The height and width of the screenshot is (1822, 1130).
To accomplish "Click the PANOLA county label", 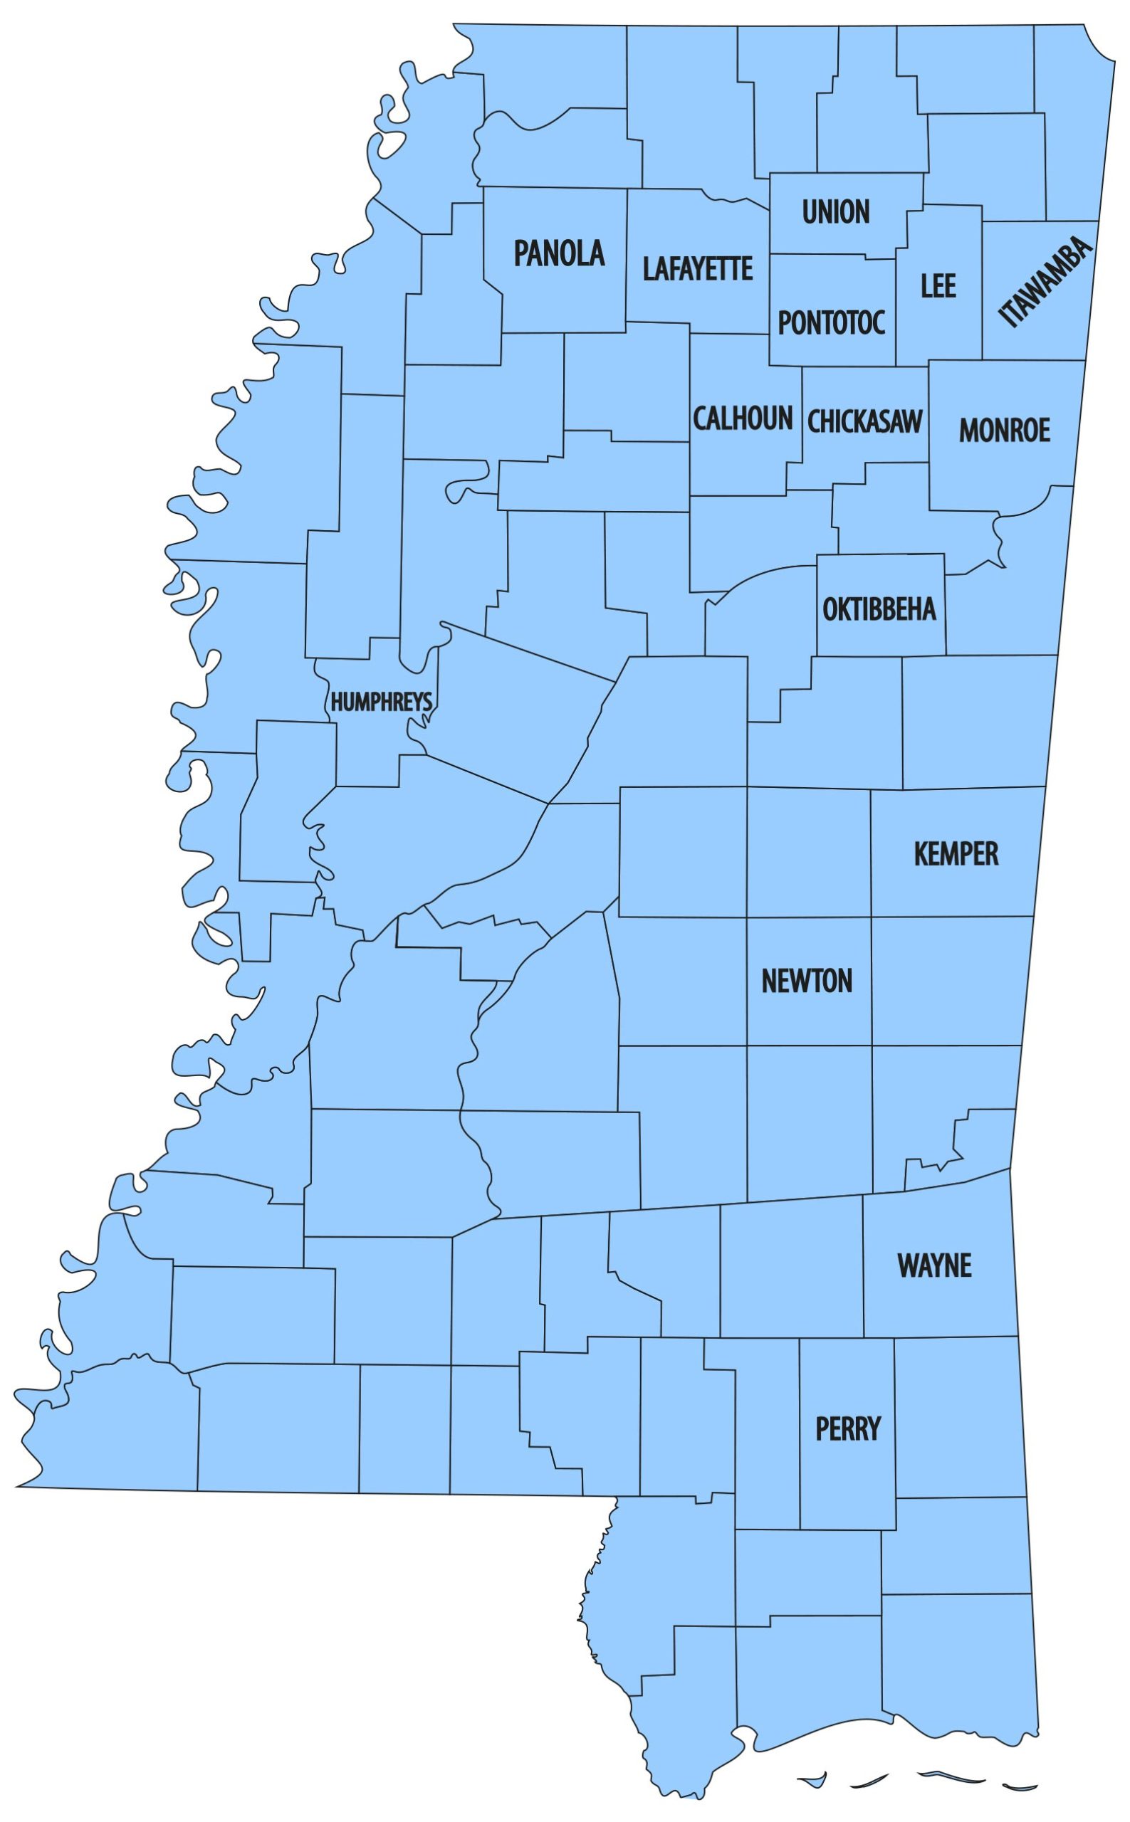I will pyautogui.click(x=559, y=253).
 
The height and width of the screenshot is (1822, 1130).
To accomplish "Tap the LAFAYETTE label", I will pyautogui.click(x=697, y=268).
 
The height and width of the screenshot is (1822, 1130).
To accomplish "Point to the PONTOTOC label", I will pyautogui.click(x=831, y=322).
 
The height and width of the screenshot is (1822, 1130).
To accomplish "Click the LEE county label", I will pyautogui.click(x=938, y=285).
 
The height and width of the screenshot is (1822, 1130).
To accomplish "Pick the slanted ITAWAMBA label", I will pyautogui.click(x=1045, y=283).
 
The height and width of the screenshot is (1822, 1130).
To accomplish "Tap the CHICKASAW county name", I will pyautogui.click(x=864, y=421).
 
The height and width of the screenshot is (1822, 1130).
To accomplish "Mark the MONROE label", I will pyautogui.click(x=1005, y=430).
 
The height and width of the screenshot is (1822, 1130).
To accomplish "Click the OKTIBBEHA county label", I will pyautogui.click(x=879, y=609).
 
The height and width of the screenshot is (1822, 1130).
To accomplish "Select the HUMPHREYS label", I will pyautogui.click(x=381, y=702).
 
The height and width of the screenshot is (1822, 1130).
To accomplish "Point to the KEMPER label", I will pyautogui.click(x=956, y=853).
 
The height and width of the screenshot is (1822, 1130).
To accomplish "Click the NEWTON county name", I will pyautogui.click(x=807, y=981).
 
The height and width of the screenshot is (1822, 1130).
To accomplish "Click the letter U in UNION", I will pyautogui.click(x=810, y=211).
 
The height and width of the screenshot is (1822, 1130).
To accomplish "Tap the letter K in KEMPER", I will pyautogui.click(x=921, y=853).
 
